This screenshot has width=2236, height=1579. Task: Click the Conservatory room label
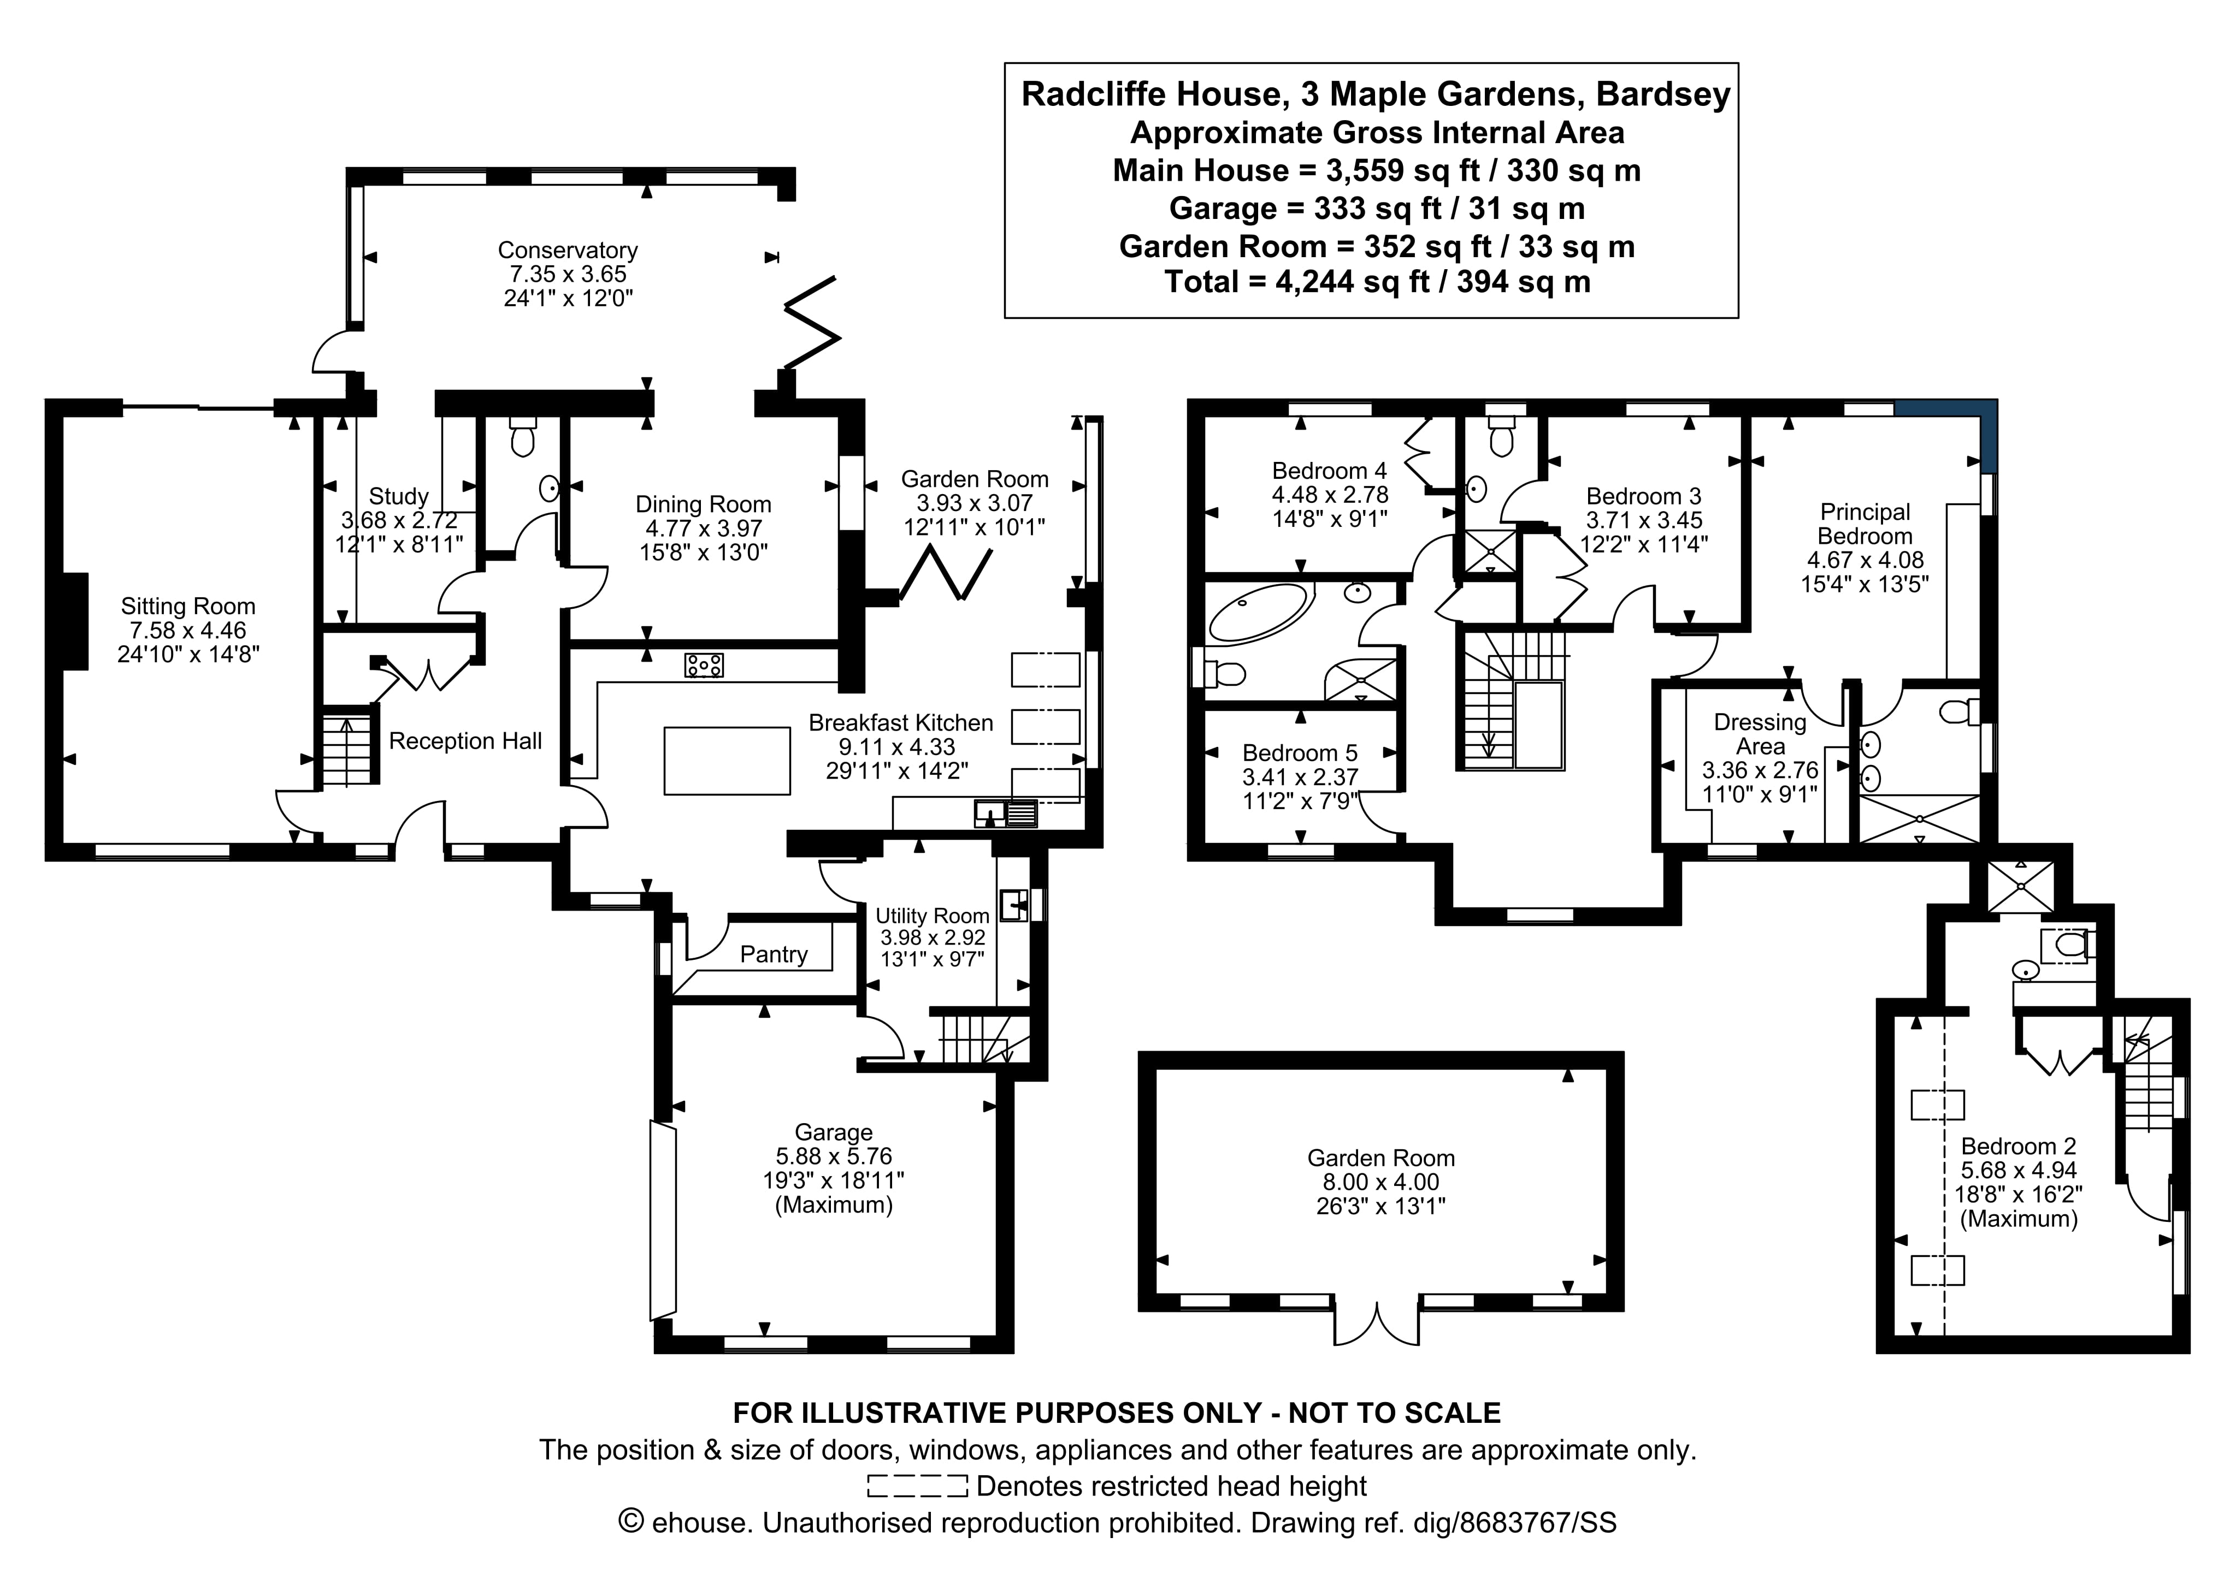[x=568, y=250]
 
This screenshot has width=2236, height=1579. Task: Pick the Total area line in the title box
[x=1377, y=282]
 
